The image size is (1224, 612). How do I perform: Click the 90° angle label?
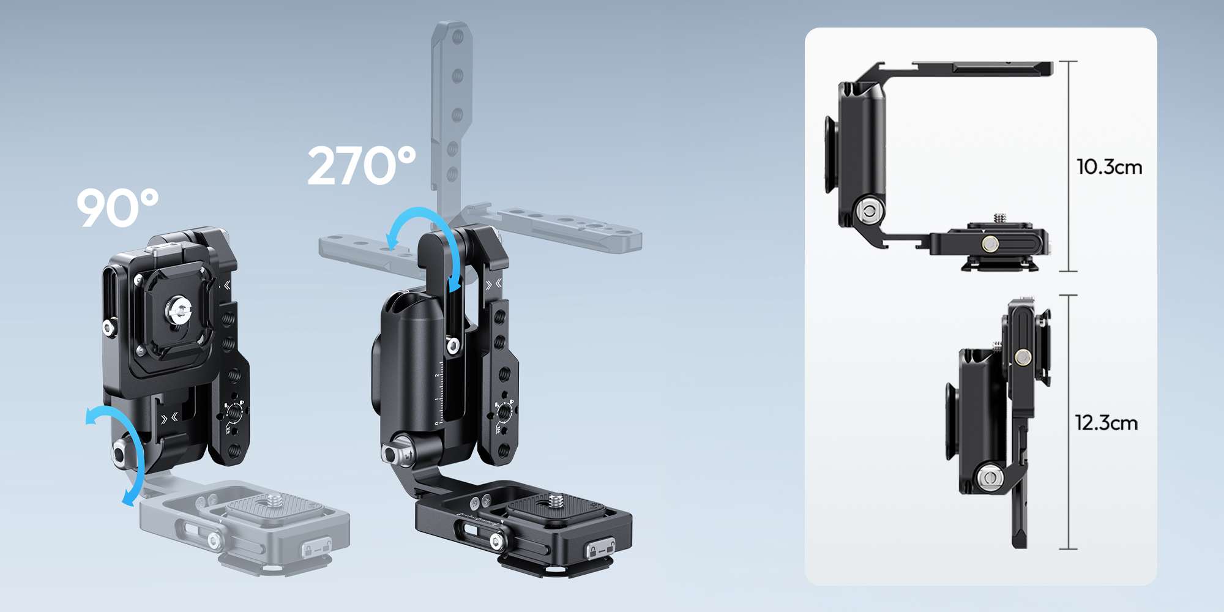pos(118,208)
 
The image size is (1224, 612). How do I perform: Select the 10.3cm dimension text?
pos(1109,167)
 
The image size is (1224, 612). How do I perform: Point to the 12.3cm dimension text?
pos(1106,423)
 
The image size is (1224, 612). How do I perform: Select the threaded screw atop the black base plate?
pos(555,501)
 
